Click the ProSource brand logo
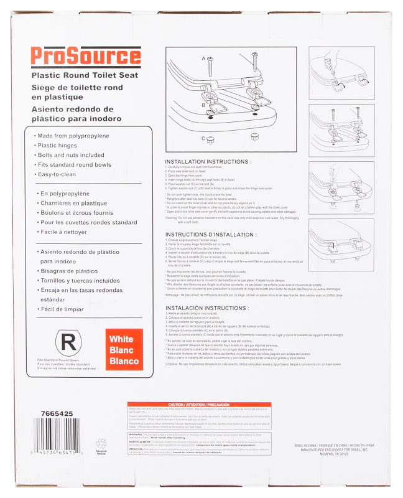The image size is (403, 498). pyautogui.click(x=85, y=57)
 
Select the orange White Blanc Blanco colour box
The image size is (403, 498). pyautogui.click(x=124, y=350)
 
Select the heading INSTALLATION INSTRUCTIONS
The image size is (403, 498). pyautogui.click(x=208, y=162)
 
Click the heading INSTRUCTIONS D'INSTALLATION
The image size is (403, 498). pyautogui.click(x=211, y=235)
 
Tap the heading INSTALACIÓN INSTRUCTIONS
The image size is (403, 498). pyautogui.click(x=207, y=308)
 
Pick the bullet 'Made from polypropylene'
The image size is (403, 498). pyautogui.click(x=73, y=136)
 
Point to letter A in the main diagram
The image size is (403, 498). pyautogui.click(x=203, y=59)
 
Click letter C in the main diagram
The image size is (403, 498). pyautogui.click(x=203, y=138)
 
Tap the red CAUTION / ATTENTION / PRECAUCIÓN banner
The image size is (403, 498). pyautogui.click(x=199, y=404)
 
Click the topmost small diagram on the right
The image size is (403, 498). pyautogui.click(x=341, y=73)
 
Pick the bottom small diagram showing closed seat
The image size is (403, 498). pyautogui.click(x=341, y=245)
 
